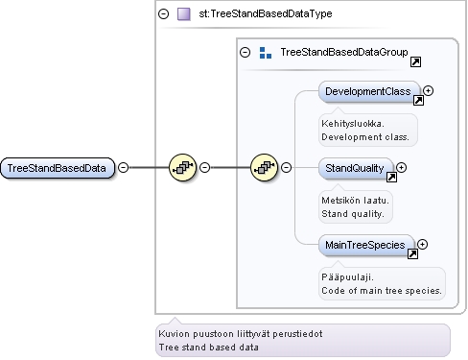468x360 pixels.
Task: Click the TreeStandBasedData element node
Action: pyautogui.click(x=58, y=168)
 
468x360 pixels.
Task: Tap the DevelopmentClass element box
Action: pyautogui.click(x=369, y=91)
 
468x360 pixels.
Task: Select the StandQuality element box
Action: pyautogui.click(x=356, y=168)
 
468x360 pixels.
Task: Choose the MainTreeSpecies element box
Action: pyautogui.click(x=366, y=245)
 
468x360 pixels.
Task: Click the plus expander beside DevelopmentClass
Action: pyautogui.click(x=428, y=91)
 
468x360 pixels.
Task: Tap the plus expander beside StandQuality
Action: pyautogui.click(x=401, y=167)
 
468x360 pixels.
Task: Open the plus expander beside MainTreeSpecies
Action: pyautogui.click(x=422, y=245)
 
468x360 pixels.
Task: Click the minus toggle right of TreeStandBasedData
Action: pyautogui.click(x=124, y=167)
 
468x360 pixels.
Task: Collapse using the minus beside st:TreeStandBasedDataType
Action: pyautogui.click(x=164, y=13)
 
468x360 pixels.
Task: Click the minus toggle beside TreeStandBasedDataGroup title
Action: pyautogui.click(x=245, y=52)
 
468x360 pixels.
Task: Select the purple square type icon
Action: pyautogui.click(x=184, y=14)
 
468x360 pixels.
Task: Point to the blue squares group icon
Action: pyautogui.click(x=266, y=53)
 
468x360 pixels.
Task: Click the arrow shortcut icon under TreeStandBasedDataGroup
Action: pyautogui.click(x=415, y=61)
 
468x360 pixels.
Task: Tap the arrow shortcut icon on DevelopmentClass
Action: pyautogui.click(x=418, y=101)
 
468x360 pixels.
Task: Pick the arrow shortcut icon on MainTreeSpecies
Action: pyautogui.click(x=412, y=254)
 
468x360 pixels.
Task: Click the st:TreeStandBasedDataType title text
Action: pyautogui.click(x=266, y=13)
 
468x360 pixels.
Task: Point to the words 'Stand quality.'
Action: pyautogui.click(x=353, y=214)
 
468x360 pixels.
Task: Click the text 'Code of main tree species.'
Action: pyautogui.click(x=382, y=291)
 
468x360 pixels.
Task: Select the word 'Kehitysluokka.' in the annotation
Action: pyautogui.click(x=353, y=124)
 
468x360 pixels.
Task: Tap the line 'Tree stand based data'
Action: pyautogui.click(x=209, y=348)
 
